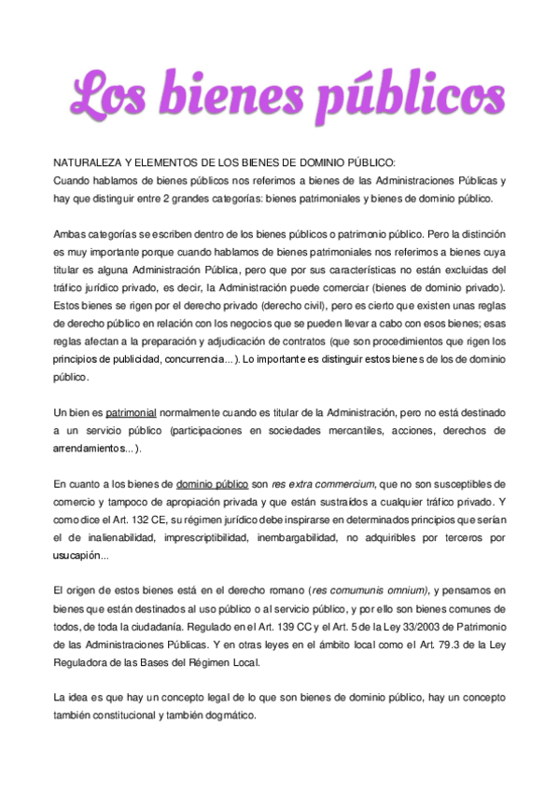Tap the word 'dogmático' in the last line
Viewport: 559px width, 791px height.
[x=235, y=716]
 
